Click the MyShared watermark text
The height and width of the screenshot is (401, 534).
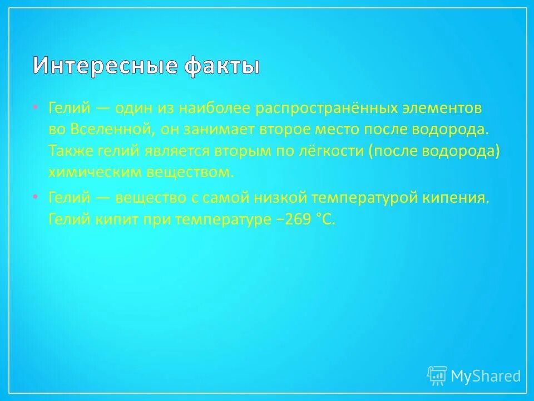pyautogui.click(x=486, y=376)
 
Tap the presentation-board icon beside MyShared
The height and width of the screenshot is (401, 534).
pyautogui.click(x=437, y=376)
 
